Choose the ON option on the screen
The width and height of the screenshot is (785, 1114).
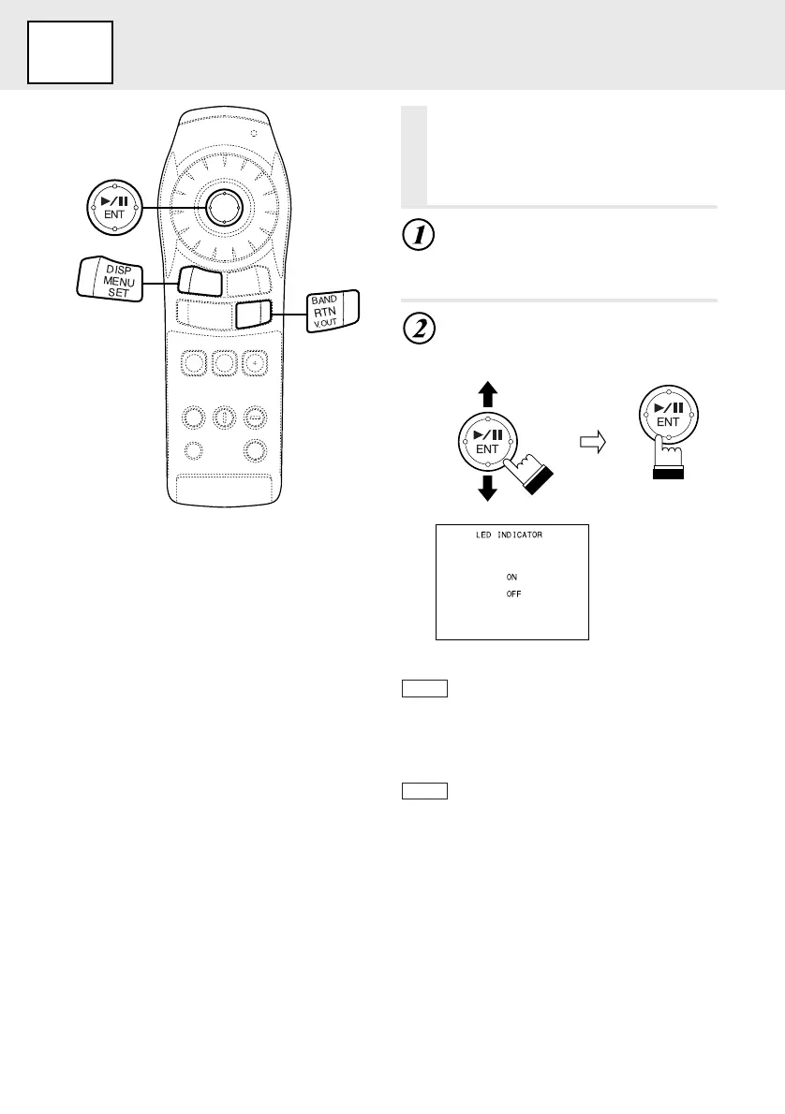pos(511,577)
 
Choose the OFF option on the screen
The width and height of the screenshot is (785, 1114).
pos(513,594)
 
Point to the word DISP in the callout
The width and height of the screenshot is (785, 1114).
pos(120,270)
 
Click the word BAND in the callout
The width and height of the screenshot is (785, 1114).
pos(324,300)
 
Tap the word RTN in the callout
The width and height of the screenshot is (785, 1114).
pos(324,313)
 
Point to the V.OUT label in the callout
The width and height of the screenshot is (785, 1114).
pos(324,324)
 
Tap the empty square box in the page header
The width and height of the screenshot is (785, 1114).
pos(70,52)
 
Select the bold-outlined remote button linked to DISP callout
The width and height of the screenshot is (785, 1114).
pos(200,281)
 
